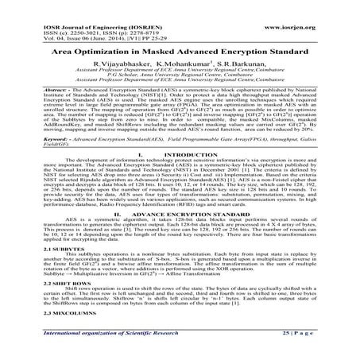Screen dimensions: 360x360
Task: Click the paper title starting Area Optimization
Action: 180,50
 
